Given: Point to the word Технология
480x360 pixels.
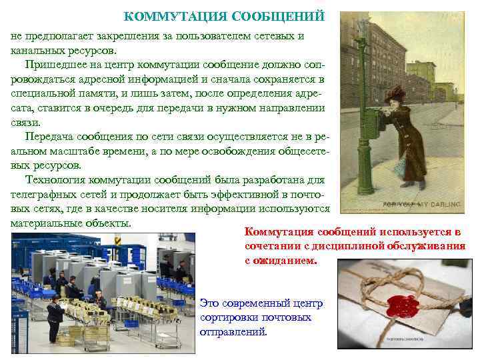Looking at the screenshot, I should pyautogui.click(x=55, y=180).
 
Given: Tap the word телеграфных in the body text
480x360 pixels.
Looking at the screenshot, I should pyautogui.click(x=42, y=194).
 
